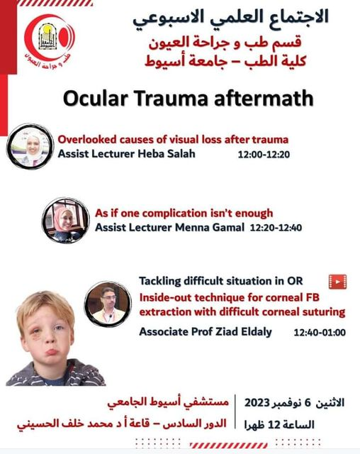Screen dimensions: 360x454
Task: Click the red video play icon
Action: coord(337,281)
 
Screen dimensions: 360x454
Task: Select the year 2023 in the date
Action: coord(264,402)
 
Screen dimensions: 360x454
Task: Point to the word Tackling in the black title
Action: coord(161,281)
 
